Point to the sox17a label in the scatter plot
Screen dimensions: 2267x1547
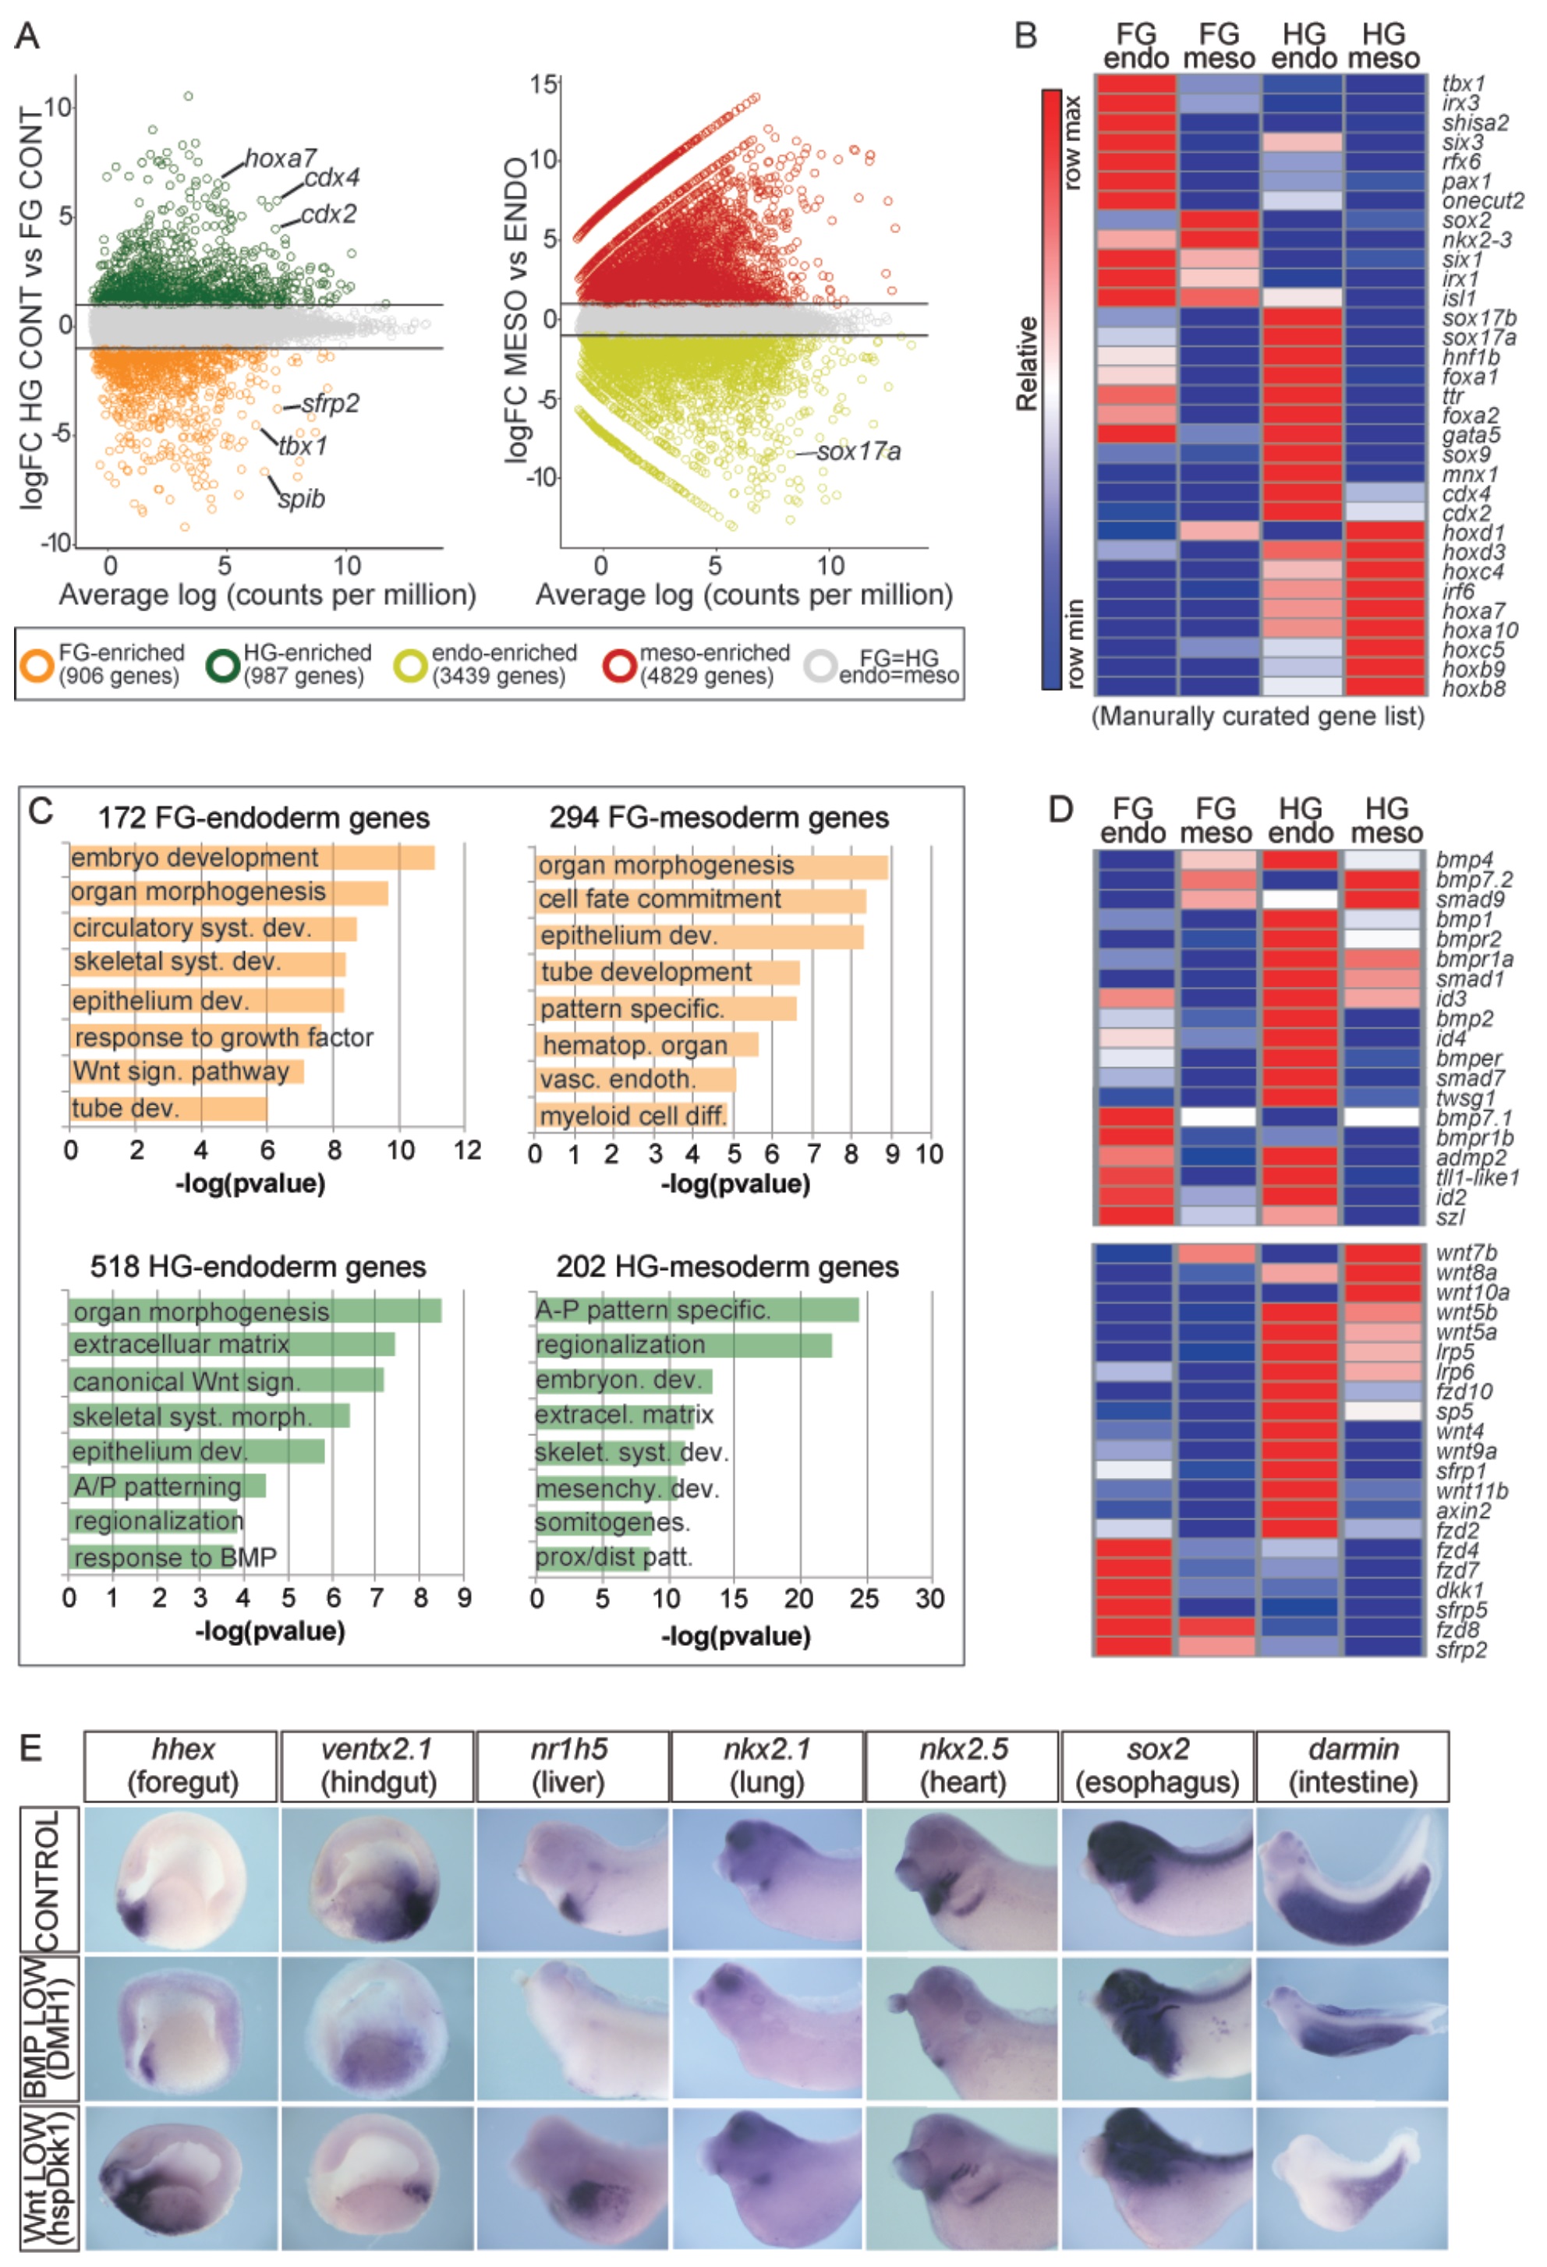(858, 451)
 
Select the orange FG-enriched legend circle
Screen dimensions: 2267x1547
(37, 665)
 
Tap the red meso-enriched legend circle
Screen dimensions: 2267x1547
(619, 665)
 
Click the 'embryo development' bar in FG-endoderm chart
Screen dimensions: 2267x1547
(252, 858)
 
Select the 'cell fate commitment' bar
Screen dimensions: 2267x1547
(700, 900)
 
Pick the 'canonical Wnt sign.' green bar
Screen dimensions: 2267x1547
(226, 1381)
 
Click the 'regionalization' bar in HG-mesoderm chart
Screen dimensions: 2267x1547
(683, 1346)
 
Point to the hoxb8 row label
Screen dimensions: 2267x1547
(1473, 688)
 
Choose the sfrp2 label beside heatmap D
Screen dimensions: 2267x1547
(1461, 1650)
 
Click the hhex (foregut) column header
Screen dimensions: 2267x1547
(182, 1767)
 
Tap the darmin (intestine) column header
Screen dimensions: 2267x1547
(1352, 1767)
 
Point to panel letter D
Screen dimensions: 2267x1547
(1060, 808)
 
